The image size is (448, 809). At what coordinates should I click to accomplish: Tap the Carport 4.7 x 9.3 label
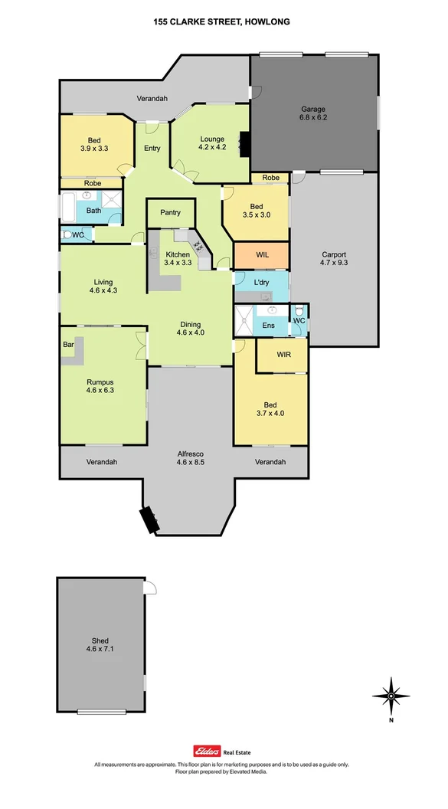pyautogui.click(x=333, y=259)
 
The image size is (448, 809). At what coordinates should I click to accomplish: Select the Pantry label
pyautogui.click(x=170, y=212)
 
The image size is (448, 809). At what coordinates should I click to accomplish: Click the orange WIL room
pyautogui.click(x=262, y=254)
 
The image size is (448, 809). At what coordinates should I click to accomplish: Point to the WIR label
pyautogui.click(x=283, y=354)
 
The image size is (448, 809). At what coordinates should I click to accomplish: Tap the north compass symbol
pyautogui.click(x=391, y=696)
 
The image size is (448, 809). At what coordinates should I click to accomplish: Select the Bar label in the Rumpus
pyautogui.click(x=68, y=345)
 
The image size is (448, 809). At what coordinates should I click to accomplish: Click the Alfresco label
pyautogui.click(x=191, y=457)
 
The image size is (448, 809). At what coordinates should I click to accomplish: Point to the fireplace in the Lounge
pyautogui.click(x=245, y=143)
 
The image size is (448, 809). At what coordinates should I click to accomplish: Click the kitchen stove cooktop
pyautogui.click(x=200, y=246)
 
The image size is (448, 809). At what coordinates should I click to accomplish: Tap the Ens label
pyautogui.click(x=268, y=326)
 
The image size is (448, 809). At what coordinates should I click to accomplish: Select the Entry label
pyautogui.click(x=152, y=148)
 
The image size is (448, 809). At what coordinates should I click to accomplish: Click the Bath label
pyautogui.click(x=93, y=210)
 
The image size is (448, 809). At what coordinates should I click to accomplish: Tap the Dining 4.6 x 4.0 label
pyautogui.click(x=191, y=328)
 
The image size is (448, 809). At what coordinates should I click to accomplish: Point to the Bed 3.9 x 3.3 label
pyautogui.click(x=94, y=144)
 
